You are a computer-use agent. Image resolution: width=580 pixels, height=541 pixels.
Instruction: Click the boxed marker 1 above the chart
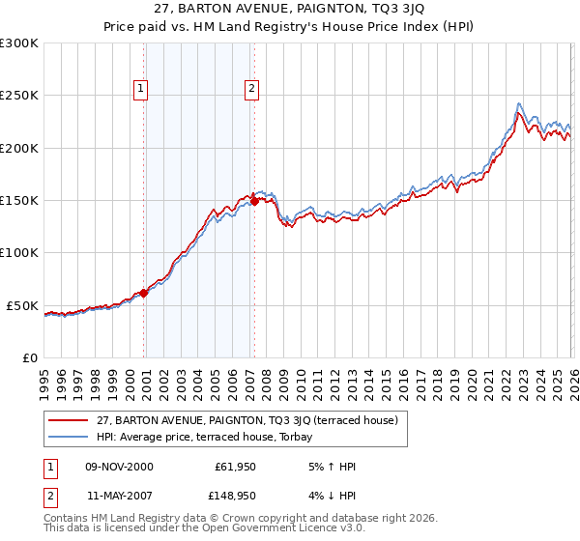[140, 89]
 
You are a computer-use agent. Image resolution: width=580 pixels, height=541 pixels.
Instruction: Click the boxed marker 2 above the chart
[251, 89]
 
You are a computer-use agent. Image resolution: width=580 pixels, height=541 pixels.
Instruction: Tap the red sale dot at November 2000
[144, 293]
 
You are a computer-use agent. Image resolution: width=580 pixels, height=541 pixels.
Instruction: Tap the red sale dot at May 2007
[254, 202]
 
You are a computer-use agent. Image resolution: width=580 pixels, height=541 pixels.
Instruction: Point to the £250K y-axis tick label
[19, 96]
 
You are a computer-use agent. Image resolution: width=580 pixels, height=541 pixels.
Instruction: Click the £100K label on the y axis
[19, 253]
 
